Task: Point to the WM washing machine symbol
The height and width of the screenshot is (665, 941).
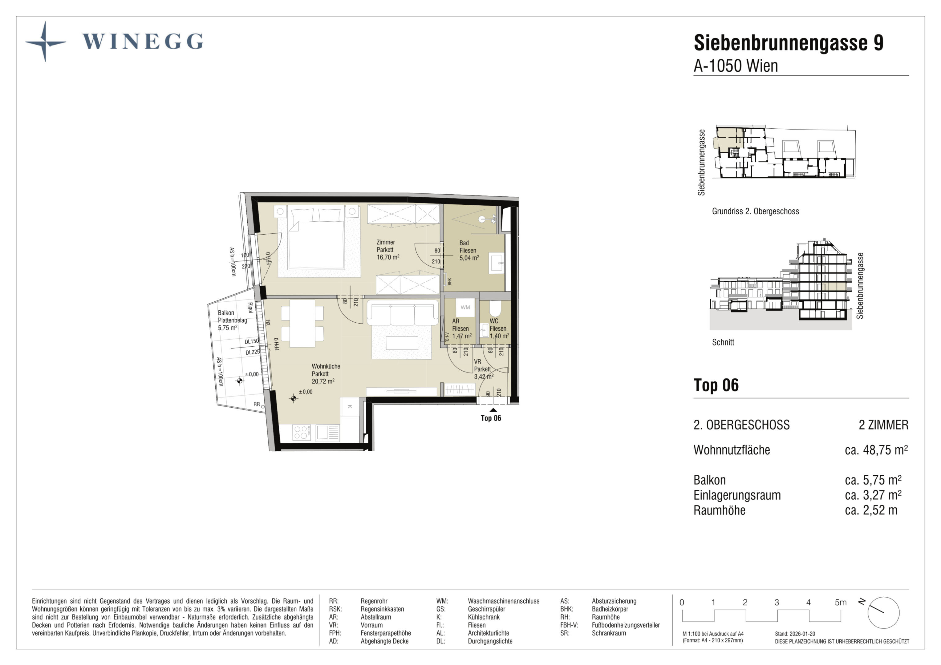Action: pyautogui.click(x=465, y=308)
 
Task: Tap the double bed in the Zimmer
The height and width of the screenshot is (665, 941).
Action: pyautogui.click(x=316, y=238)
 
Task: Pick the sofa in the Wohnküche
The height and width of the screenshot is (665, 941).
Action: pyautogui.click(x=403, y=312)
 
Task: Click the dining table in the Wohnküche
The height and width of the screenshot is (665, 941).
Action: pyautogui.click(x=302, y=324)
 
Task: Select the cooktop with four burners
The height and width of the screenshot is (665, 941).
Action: pyautogui.click(x=301, y=433)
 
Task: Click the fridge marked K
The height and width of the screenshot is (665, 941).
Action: pyautogui.click(x=350, y=407)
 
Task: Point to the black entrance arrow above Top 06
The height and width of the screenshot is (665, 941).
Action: pyautogui.click(x=493, y=410)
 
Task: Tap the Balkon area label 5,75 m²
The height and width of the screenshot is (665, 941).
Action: pyautogui.click(x=227, y=328)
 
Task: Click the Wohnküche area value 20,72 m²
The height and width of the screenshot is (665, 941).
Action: pyautogui.click(x=323, y=381)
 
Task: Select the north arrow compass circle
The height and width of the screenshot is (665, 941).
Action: pyautogui.click(x=883, y=613)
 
